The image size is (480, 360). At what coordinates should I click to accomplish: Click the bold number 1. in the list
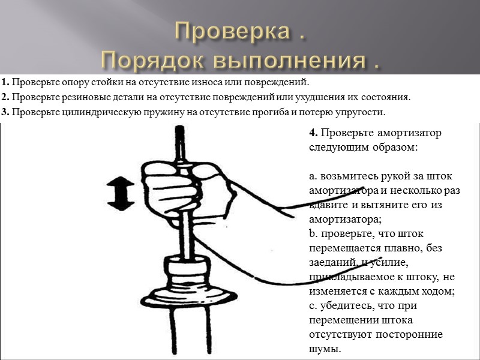(x=5, y=82)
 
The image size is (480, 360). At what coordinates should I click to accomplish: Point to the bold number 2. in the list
(x=5, y=97)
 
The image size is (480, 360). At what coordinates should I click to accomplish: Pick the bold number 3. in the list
(x=5, y=112)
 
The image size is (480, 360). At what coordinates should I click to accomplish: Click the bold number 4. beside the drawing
(x=313, y=133)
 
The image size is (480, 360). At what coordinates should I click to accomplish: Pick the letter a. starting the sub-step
(x=313, y=176)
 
